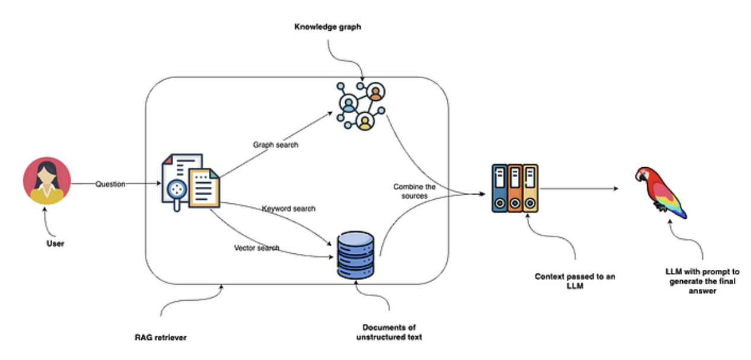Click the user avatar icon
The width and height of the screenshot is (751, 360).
pyautogui.click(x=47, y=180)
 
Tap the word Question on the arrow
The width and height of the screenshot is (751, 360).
pyautogui.click(x=110, y=184)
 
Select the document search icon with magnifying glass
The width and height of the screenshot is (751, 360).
pyautogui.click(x=190, y=182)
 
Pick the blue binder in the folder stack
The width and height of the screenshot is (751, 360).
pyautogui.click(x=500, y=188)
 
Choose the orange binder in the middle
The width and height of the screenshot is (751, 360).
pyautogui.click(x=515, y=188)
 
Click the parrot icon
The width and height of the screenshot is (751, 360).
pyautogui.click(x=660, y=191)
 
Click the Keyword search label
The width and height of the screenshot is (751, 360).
pyautogui.click(x=288, y=209)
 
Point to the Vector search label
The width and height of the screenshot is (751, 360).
pyautogui.click(x=256, y=248)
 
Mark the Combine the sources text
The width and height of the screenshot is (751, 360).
pyautogui.click(x=414, y=191)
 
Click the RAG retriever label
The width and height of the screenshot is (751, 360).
pyautogui.click(x=160, y=338)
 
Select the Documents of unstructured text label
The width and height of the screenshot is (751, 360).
pyautogui.click(x=389, y=332)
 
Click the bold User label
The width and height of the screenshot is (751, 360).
pyautogui.click(x=55, y=244)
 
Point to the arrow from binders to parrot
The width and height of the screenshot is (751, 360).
pyautogui.click(x=578, y=189)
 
